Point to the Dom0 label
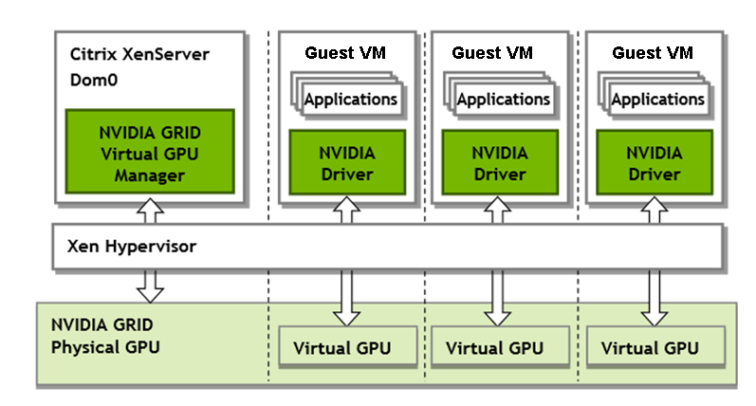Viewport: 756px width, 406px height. pyautogui.click(x=93, y=81)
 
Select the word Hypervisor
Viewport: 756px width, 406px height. pyautogui.click(x=154, y=246)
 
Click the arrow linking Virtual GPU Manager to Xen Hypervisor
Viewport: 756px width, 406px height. pyautogui.click(x=149, y=212)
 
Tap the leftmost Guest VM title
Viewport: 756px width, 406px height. pyautogui.click(x=345, y=51)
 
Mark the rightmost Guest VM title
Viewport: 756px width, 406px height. pyautogui.click(x=653, y=51)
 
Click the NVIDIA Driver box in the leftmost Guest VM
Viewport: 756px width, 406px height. pyautogui.click(x=346, y=163)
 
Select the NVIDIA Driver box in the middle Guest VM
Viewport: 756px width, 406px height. pyautogui.click(x=499, y=163)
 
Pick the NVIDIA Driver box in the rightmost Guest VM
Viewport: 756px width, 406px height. pyautogui.click(x=654, y=163)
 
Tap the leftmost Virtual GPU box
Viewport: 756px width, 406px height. pyautogui.click(x=341, y=347)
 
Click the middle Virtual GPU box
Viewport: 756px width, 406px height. pyautogui.click(x=494, y=347)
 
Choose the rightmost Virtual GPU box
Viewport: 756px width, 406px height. pyautogui.click(x=650, y=347)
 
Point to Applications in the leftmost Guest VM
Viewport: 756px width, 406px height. pyautogui.click(x=350, y=99)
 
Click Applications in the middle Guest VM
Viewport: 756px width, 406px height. pyautogui.click(x=504, y=99)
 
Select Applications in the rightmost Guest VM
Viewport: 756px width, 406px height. pyautogui.click(x=658, y=99)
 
